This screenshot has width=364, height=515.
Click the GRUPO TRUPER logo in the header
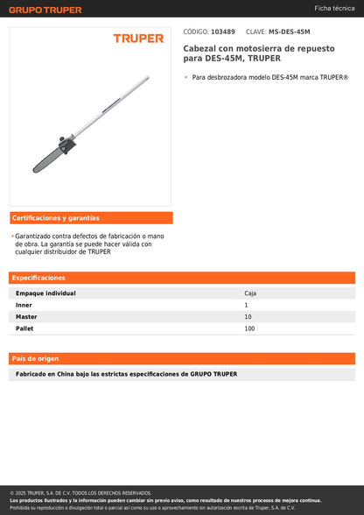tap(45, 10)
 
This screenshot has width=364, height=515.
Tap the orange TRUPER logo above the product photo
tap(138, 39)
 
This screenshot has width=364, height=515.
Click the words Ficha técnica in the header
tap(334, 8)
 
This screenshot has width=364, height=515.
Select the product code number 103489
tap(223, 32)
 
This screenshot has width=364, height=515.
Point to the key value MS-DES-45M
tap(290, 32)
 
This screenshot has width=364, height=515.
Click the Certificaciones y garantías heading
tap(56, 218)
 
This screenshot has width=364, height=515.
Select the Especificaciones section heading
tap(38, 278)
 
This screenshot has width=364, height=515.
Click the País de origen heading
tap(36, 359)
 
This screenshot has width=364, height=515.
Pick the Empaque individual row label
tap(45, 293)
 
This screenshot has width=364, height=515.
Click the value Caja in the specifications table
tap(250, 293)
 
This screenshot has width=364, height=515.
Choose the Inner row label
tap(24, 305)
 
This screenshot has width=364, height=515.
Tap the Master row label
tap(26, 316)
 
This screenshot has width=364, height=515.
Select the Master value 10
tap(248, 316)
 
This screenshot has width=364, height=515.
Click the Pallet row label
tap(25, 328)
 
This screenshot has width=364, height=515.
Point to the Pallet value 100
tap(249, 328)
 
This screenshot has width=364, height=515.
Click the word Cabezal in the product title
tap(198, 49)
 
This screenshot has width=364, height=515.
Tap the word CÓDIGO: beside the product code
tap(195, 32)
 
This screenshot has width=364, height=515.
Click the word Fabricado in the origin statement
tap(33, 374)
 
